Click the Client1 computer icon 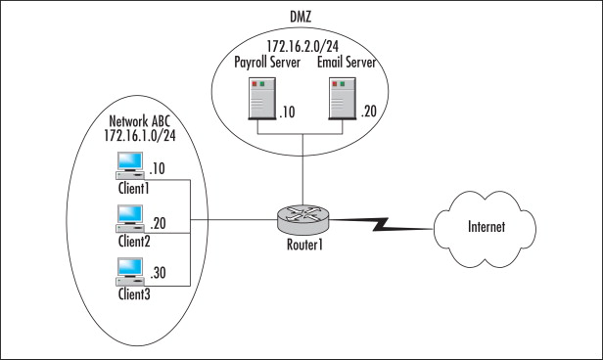click(x=129, y=164)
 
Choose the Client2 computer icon click(x=129, y=216)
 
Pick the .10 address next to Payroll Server click(x=288, y=112)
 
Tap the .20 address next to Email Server click(x=368, y=112)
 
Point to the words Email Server click(x=348, y=63)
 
